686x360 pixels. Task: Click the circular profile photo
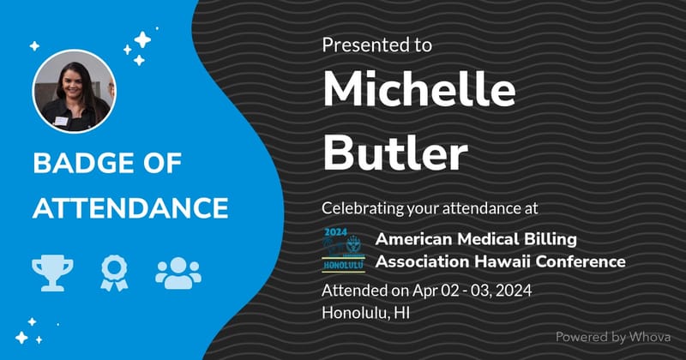[75, 91]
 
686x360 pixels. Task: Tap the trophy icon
[52, 273]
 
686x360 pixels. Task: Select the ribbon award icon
[114, 273]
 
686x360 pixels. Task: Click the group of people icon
[178, 273]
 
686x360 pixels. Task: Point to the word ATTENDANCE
[130, 207]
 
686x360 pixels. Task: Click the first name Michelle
[419, 89]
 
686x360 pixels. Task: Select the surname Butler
[395, 152]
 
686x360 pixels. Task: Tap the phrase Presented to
[376, 45]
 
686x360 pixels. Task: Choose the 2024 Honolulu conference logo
[344, 249]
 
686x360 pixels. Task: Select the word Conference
[581, 261]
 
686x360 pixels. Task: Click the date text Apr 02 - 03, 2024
[472, 291]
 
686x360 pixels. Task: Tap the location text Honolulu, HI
[366, 313]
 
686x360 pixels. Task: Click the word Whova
[650, 337]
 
